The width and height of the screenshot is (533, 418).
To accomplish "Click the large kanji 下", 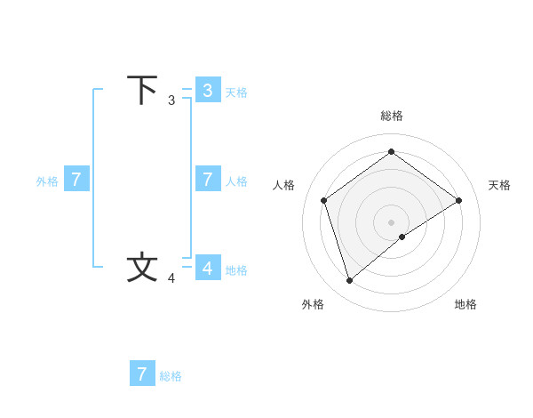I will tap(142, 91).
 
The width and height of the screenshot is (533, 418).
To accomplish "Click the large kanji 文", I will tap(142, 268).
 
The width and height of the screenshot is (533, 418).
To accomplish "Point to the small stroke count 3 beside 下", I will tap(171, 100).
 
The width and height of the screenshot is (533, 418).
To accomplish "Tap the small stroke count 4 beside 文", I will tap(171, 278).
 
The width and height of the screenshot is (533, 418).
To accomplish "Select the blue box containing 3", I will tap(207, 90).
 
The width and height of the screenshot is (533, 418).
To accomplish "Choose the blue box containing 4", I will tap(207, 268).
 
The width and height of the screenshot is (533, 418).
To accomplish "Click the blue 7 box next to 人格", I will tap(207, 179).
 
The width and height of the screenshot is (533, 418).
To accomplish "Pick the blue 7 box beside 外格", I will tap(76, 179).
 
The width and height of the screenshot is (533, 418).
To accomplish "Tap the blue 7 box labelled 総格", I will tap(142, 374).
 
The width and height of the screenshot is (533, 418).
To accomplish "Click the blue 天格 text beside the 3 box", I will tap(236, 92).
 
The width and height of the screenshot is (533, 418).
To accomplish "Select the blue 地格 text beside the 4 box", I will tap(236, 270).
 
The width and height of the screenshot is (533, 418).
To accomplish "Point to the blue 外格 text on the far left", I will tap(47, 181).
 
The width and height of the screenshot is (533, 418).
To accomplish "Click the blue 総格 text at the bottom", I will tap(171, 376).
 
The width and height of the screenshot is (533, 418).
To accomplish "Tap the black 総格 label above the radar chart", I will tap(391, 116).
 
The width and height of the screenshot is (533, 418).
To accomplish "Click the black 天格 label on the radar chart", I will tap(500, 185).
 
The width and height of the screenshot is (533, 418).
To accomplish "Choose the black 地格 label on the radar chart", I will tap(465, 304).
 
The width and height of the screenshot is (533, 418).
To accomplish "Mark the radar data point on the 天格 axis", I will tap(458, 200).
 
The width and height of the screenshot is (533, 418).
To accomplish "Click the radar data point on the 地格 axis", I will tap(402, 237).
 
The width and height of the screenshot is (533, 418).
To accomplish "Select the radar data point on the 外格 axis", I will tap(349, 281).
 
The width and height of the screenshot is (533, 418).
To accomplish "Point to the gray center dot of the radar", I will tap(391, 221).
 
